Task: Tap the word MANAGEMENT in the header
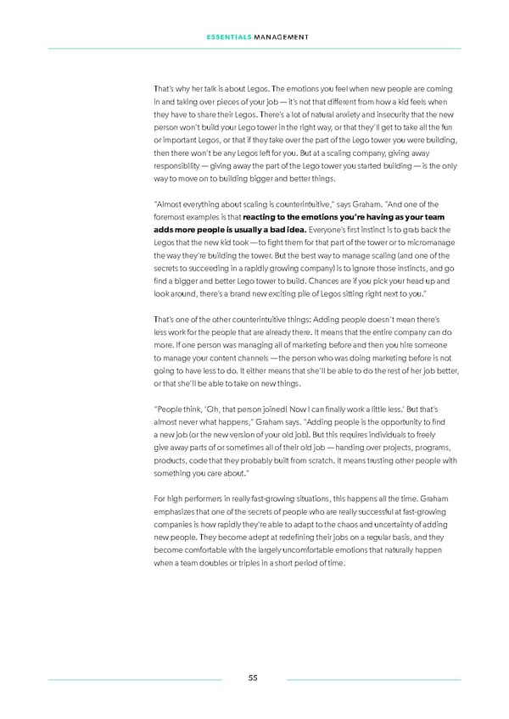click(x=280, y=36)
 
